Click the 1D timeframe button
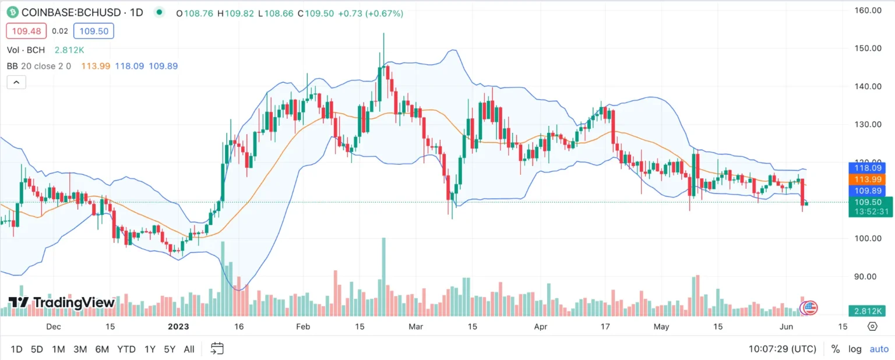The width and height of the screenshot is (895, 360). tap(16, 349)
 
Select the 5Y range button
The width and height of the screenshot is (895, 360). tap(169, 349)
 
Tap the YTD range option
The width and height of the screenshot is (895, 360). tap(126, 349)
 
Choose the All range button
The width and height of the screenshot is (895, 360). tap(189, 349)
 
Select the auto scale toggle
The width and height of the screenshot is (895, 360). tap(879, 349)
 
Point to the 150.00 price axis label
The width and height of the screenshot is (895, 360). tap(867, 48)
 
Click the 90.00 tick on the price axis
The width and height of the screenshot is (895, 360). tap(867, 276)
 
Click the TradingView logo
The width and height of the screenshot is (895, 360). tap(61, 302)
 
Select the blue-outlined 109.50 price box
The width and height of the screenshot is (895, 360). tap(94, 31)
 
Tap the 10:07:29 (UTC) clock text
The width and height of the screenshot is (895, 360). tap(782, 349)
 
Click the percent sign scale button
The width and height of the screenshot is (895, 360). tap(835, 349)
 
